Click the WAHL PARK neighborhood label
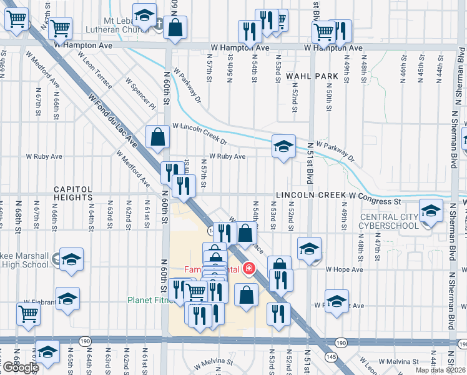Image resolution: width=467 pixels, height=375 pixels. [x=312, y=76]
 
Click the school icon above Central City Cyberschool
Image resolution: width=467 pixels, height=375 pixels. [x=430, y=211]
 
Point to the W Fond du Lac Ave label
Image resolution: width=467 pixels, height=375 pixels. [x=112, y=121]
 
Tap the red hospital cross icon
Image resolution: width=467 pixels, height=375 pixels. [x=249, y=269]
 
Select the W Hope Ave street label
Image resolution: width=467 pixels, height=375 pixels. [x=345, y=269]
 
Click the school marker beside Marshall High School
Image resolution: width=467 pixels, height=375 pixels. [x=72, y=259]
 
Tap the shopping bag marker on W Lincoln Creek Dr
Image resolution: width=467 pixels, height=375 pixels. [x=157, y=136]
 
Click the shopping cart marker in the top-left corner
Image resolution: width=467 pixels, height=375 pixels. [x=17, y=19]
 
